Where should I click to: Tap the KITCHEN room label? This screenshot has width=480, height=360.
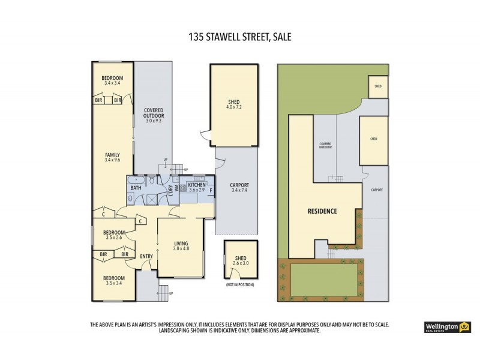click(x=197, y=184)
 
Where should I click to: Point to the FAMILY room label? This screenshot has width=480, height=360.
click(x=112, y=155)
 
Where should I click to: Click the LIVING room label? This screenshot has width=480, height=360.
click(x=181, y=242)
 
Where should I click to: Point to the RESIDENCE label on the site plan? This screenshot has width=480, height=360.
click(x=323, y=211)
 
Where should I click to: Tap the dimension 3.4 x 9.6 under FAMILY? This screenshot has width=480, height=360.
click(x=112, y=160)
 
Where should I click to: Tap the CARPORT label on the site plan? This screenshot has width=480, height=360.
click(x=377, y=190)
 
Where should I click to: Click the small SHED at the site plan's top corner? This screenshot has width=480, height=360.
click(x=377, y=86)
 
